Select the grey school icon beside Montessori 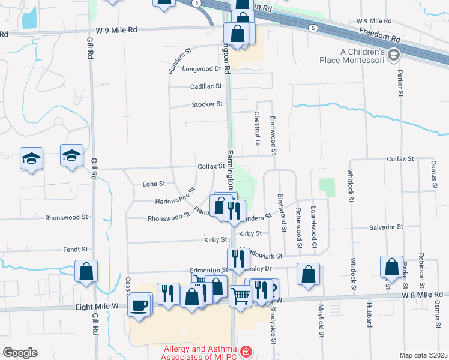coord(394,56)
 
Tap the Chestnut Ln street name coord(256,128)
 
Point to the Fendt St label coord(76,249)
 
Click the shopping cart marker coord(240,295)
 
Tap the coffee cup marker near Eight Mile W coord(140,304)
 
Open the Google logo coord(20,353)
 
